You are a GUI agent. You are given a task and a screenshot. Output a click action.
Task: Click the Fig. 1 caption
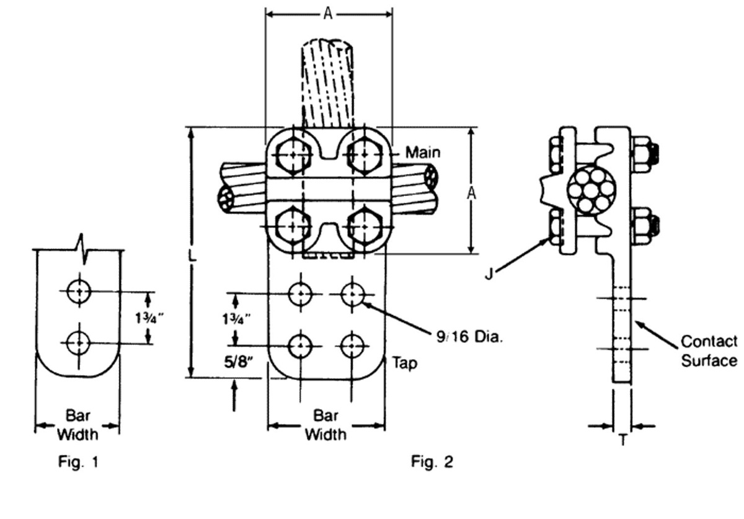click(77, 462)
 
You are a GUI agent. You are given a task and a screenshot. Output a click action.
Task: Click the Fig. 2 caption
click(432, 462)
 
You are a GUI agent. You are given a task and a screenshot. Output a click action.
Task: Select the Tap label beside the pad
click(405, 363)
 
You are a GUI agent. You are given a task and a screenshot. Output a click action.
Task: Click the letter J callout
click(489, 273)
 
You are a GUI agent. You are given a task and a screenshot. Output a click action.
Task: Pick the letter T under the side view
click(622, 441)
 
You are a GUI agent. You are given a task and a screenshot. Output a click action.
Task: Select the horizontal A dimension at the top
click(329, 14)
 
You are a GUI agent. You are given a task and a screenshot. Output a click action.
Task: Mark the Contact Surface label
click(709, 351)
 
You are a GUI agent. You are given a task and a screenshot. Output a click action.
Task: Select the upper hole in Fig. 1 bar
click(79, 291)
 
